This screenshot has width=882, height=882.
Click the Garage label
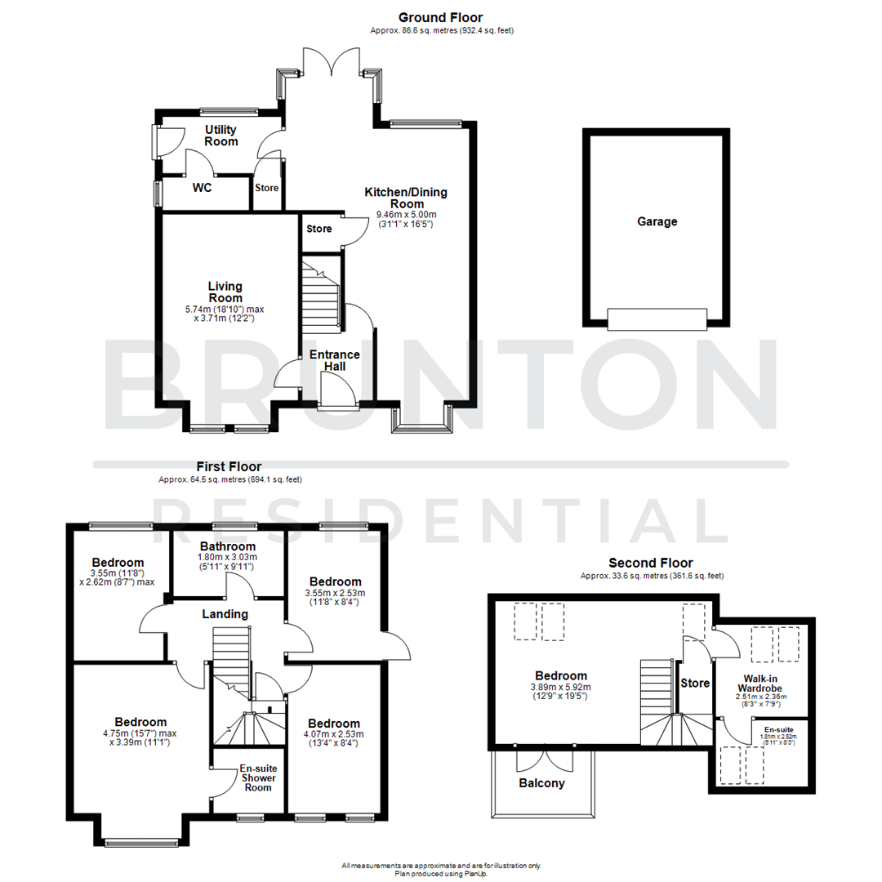(657, 221)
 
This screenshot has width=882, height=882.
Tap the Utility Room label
(221, 136)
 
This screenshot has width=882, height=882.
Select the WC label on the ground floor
(203, 188)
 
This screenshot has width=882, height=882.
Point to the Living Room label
(225, 292)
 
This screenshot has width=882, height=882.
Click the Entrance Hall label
(334, 360)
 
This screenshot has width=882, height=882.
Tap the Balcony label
(541, 783)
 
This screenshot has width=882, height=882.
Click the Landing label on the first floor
(225, 614)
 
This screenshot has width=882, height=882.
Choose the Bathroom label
(227, 546)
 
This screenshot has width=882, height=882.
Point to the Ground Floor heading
(440, 17)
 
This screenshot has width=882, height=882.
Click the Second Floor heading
(650, 563)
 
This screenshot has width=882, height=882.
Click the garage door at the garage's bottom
(657, 318)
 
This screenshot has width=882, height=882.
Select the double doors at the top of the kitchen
(330, 64)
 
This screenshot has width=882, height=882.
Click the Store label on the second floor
(694, 683)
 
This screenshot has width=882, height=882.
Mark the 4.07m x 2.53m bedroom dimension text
(334, 738)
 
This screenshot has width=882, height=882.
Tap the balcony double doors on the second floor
(543, 759)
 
